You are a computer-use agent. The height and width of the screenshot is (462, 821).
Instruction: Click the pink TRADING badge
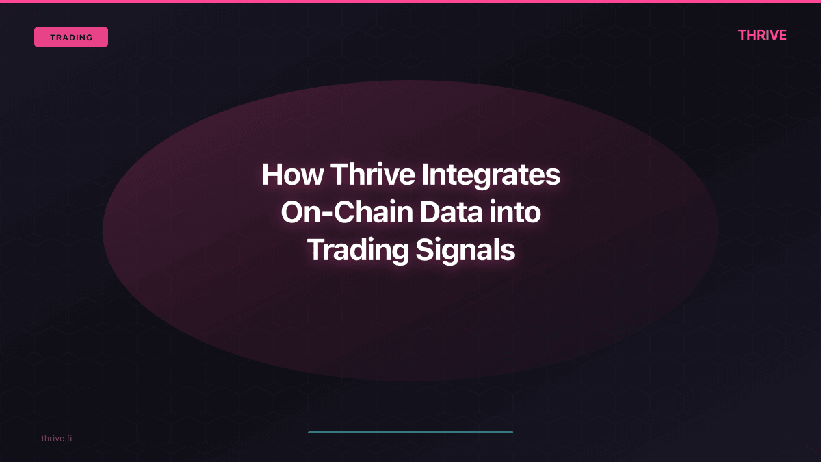point(71,37)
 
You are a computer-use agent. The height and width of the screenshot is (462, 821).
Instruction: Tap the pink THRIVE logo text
point(762,35)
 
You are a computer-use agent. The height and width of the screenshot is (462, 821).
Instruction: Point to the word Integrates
point(491,175)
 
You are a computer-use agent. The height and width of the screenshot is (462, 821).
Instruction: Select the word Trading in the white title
point(357,251)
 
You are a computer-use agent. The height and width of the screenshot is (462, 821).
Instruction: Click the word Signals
point(465,251)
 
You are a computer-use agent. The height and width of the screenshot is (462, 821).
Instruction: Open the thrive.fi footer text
point(56,438)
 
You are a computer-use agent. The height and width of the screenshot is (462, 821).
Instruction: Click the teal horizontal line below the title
point(410,432)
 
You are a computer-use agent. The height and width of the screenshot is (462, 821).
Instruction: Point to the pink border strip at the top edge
point(410,1)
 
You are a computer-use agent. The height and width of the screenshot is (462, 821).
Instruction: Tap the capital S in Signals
point(425,251)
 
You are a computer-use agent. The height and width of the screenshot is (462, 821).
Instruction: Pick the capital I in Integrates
point(424,175)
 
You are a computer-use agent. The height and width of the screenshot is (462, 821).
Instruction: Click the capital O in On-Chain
point(292,213)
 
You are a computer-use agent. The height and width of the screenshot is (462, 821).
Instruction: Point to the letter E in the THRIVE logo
point(782,35)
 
